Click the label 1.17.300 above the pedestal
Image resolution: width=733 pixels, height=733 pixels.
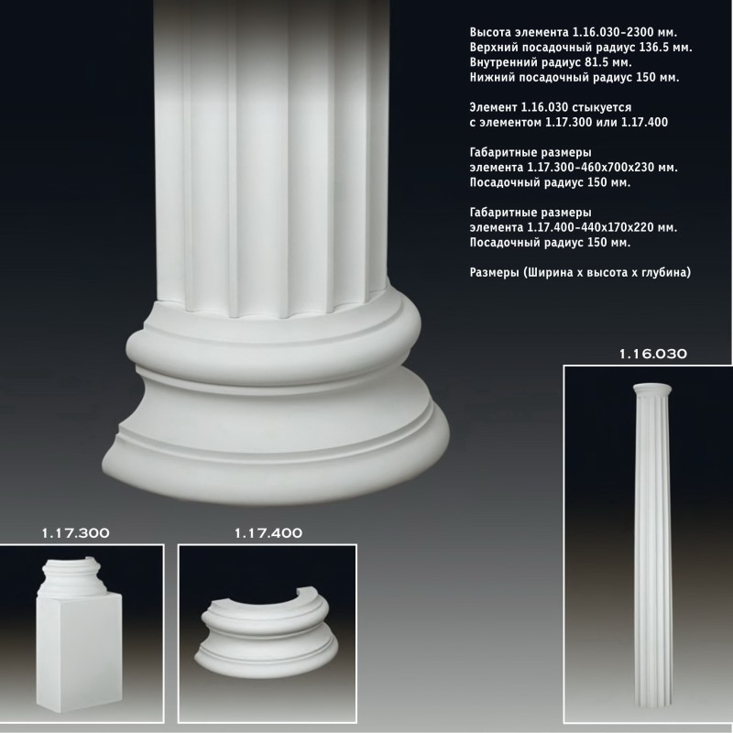(76, 533)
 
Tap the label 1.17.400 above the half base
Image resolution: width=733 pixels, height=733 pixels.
(268, 533)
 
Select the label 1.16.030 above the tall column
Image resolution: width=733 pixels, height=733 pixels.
(653, 354)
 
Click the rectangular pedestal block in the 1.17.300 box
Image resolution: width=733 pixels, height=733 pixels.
(80, 652)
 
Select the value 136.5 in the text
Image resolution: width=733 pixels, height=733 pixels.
(656, 48)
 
